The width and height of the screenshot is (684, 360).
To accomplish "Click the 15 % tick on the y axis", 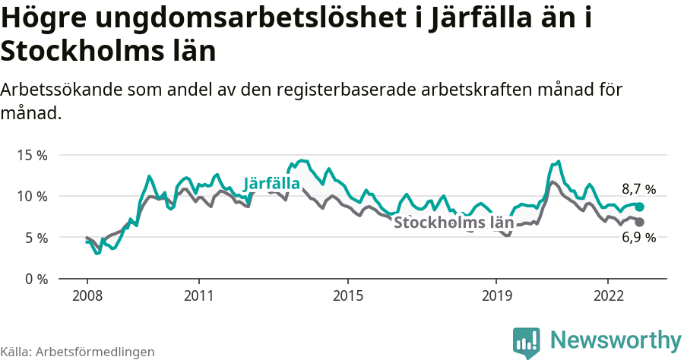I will [x=31, y=155].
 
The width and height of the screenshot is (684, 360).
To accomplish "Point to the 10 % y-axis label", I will [x=31, y=196].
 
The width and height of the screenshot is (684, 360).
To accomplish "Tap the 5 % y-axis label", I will [x=35, y=238].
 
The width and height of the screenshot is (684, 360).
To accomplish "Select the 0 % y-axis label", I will [x=35, y=279].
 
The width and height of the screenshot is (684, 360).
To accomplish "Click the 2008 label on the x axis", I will [x=87, y=295].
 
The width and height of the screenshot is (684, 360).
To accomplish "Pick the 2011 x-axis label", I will [x=198, y=295].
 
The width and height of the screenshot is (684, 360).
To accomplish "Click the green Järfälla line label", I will [x=271, y=184].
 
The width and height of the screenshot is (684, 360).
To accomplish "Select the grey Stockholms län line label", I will [x=454, y=223].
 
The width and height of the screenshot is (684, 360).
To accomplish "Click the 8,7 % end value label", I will [x=638, y=190].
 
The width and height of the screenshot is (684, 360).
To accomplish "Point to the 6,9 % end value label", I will [x=638, y=238].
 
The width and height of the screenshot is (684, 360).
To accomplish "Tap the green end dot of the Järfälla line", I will [x=640, y=207].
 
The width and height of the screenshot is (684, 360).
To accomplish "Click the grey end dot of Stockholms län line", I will [x=640, y=222].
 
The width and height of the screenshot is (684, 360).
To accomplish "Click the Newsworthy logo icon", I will [x=527, y=343].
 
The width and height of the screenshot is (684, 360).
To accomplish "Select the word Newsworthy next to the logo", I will [x=616, y=340].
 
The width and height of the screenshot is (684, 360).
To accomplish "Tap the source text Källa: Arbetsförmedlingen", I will [x=78, y=352].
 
